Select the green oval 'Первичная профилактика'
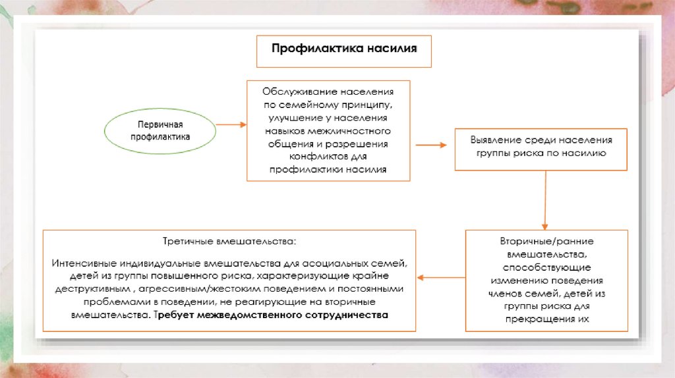[160, 131]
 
